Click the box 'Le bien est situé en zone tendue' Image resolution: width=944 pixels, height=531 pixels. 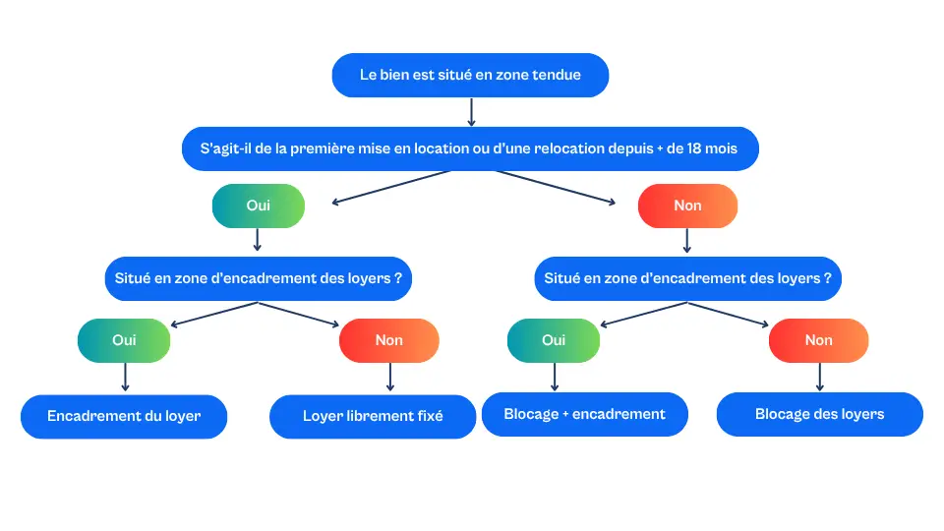tap(470, 75)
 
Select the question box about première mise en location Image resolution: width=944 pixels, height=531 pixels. tap(470, 149)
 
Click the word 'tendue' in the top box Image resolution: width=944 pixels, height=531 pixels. tap(557, 75)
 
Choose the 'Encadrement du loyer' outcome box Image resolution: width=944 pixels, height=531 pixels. tap(124, 416)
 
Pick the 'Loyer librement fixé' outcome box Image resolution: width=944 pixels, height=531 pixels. tap(373, 416)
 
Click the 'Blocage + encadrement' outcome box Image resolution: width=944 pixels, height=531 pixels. tap(584, 414)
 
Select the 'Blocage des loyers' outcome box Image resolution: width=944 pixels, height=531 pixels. tap(819, 414)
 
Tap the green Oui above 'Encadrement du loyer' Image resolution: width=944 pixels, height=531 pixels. tap(124, 340)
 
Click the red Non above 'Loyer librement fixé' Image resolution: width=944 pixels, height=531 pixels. tap(389, 340)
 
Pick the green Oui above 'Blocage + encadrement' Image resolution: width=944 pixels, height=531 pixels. tap(554, 340)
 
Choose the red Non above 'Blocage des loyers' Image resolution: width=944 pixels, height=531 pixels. tap(818, 340)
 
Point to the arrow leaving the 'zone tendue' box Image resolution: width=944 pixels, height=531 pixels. tap(471, 112)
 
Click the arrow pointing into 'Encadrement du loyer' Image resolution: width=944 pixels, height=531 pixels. tap(125, 378)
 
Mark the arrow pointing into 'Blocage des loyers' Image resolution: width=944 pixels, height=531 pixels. tap(819, 377)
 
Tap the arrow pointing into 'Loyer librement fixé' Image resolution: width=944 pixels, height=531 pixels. tap(390, 378)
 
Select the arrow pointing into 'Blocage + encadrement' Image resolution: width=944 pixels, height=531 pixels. tap(555, 377)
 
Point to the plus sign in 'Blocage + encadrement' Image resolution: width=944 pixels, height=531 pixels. tap(565, 414)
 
